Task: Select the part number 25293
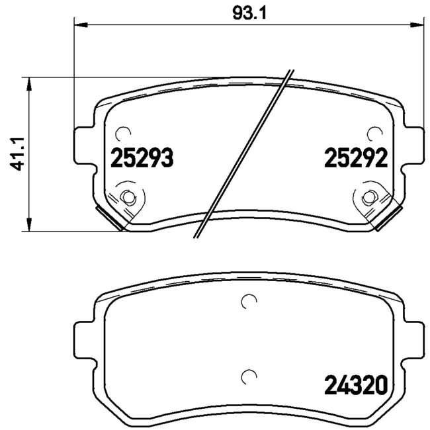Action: click(142, 159)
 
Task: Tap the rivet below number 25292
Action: click(368, 196)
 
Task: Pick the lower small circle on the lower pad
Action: click(248, 376)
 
